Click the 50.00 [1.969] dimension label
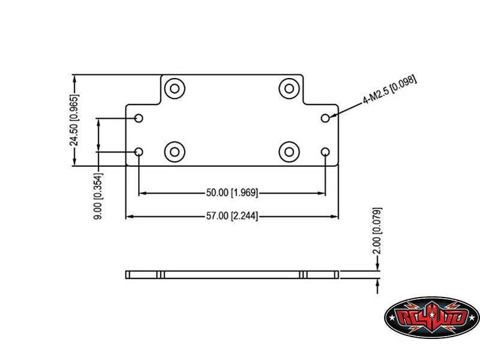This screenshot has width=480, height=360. [x=232, y=193]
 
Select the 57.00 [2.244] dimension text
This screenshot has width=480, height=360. [x=232, y=216]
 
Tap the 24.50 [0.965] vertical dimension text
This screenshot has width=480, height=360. [x=74, y=120]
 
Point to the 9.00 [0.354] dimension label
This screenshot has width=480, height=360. [x=98, y=196]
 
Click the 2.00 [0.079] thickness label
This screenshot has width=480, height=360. [x=377, y=231]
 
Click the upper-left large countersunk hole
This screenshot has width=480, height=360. [x=175, y=88]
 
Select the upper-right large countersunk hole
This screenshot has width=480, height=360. [x=290, y=88]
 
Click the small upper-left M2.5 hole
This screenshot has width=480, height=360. [x=139, y=118]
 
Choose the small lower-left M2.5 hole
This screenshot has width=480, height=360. [x=139, y=152]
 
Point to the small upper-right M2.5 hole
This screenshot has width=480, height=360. [x=326, y=118]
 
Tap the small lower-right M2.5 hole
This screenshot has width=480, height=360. [x=326, y=152]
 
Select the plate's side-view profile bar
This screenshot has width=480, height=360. [x=232, y=275]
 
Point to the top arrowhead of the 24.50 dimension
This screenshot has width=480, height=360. [x=74, y=79]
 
